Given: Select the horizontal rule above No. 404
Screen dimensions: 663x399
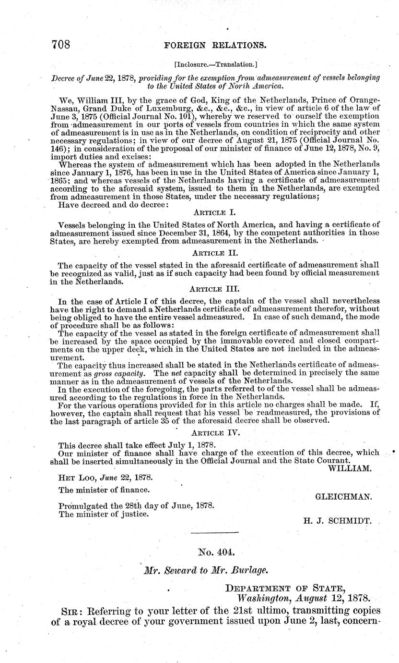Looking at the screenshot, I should coord(214,533).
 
